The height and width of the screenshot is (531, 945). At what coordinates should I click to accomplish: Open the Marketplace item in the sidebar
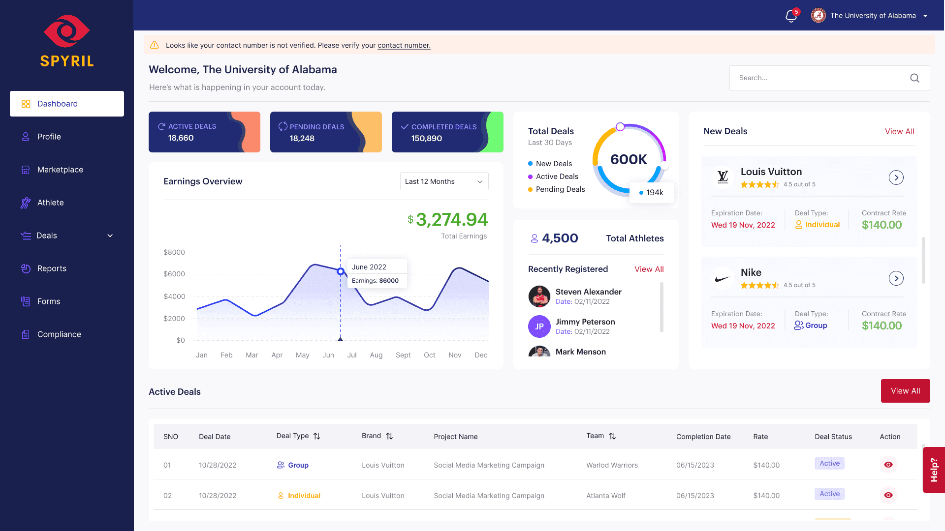60,170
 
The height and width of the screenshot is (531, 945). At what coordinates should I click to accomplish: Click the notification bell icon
791,16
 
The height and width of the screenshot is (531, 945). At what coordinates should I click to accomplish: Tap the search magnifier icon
914,78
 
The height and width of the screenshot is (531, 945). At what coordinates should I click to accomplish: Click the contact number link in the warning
404,45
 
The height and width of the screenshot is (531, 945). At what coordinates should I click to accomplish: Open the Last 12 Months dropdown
444,181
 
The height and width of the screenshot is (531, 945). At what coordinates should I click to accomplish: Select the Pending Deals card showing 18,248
326,132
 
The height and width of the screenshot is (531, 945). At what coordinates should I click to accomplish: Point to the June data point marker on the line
340,271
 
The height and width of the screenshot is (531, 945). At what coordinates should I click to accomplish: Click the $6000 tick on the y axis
174,274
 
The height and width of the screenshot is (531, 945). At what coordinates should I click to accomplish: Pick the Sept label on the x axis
403,355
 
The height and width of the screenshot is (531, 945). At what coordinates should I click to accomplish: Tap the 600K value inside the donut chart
629,159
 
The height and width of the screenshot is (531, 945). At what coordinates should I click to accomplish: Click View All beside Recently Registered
649,269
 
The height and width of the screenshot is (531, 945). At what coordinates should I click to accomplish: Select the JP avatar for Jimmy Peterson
539,326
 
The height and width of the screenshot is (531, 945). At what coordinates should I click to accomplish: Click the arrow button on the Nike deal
896,278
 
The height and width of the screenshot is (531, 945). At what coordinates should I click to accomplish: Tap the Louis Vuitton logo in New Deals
723,177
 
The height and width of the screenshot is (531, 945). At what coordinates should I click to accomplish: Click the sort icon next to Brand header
389,436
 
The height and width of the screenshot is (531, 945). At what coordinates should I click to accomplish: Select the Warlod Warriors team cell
612,465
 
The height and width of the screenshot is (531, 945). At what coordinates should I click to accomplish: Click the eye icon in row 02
888,495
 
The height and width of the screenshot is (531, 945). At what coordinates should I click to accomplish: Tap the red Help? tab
934,470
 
